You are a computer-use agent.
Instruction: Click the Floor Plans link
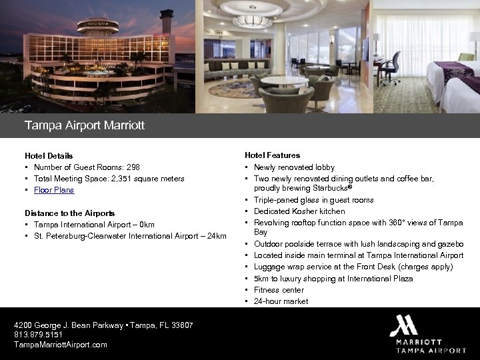tap(54, 191)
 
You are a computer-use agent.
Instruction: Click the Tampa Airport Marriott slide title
tap(84, 125)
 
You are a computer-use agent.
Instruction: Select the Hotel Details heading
tap(49, 156)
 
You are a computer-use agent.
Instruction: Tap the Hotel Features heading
tap(272, 155)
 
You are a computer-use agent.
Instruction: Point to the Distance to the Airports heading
tap(69, 213)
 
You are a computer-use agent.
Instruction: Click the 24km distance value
tap(217, 236)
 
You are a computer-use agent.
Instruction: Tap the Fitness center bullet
tap(279, 290)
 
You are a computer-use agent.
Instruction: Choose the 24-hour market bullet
tap(281, 301)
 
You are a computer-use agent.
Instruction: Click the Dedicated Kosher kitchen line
tap(299, 211)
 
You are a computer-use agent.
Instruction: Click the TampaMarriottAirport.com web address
tap(61, 345)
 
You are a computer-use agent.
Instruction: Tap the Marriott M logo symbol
tap(403, 325)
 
